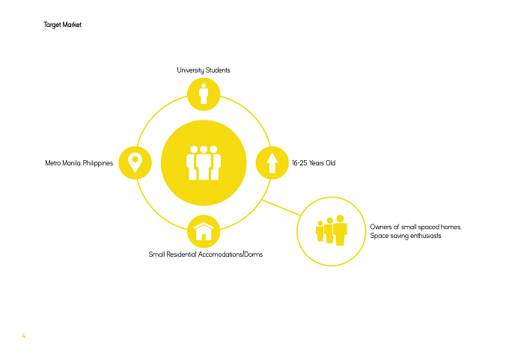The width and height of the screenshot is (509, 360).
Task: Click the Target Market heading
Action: coord(63,25)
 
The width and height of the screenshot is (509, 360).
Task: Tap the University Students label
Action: coord(204,70)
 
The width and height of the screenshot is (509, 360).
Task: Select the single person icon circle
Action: coord(204,94)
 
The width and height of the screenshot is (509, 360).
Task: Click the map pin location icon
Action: coord(135,163)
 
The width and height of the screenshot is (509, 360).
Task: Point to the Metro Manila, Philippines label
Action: coord(79,163)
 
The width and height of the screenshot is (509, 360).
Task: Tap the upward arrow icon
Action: coord(272,163)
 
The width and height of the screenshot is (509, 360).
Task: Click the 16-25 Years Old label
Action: coord(314,163)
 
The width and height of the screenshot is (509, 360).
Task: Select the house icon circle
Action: coord(204,232)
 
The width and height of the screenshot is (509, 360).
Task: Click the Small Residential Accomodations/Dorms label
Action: coord(206,254)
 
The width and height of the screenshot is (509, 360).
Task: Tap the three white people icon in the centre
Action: coord(204,162)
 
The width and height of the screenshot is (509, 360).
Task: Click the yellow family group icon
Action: coord(332,230)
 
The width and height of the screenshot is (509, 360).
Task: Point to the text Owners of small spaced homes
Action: coord(415,227)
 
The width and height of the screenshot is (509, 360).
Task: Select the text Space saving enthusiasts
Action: coord(406,236)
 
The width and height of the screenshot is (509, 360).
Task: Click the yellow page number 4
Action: coord(25,335)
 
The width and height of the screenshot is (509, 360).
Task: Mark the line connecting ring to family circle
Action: coord(281,207)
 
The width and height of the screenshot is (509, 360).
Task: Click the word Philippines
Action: coord(98,163)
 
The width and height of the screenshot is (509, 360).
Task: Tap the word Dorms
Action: coord(254,254)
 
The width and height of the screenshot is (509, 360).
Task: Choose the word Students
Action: coord(218,70)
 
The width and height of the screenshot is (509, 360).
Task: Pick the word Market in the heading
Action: coord(72,25)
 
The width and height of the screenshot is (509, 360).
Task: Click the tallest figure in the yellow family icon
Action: coord(340,230)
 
